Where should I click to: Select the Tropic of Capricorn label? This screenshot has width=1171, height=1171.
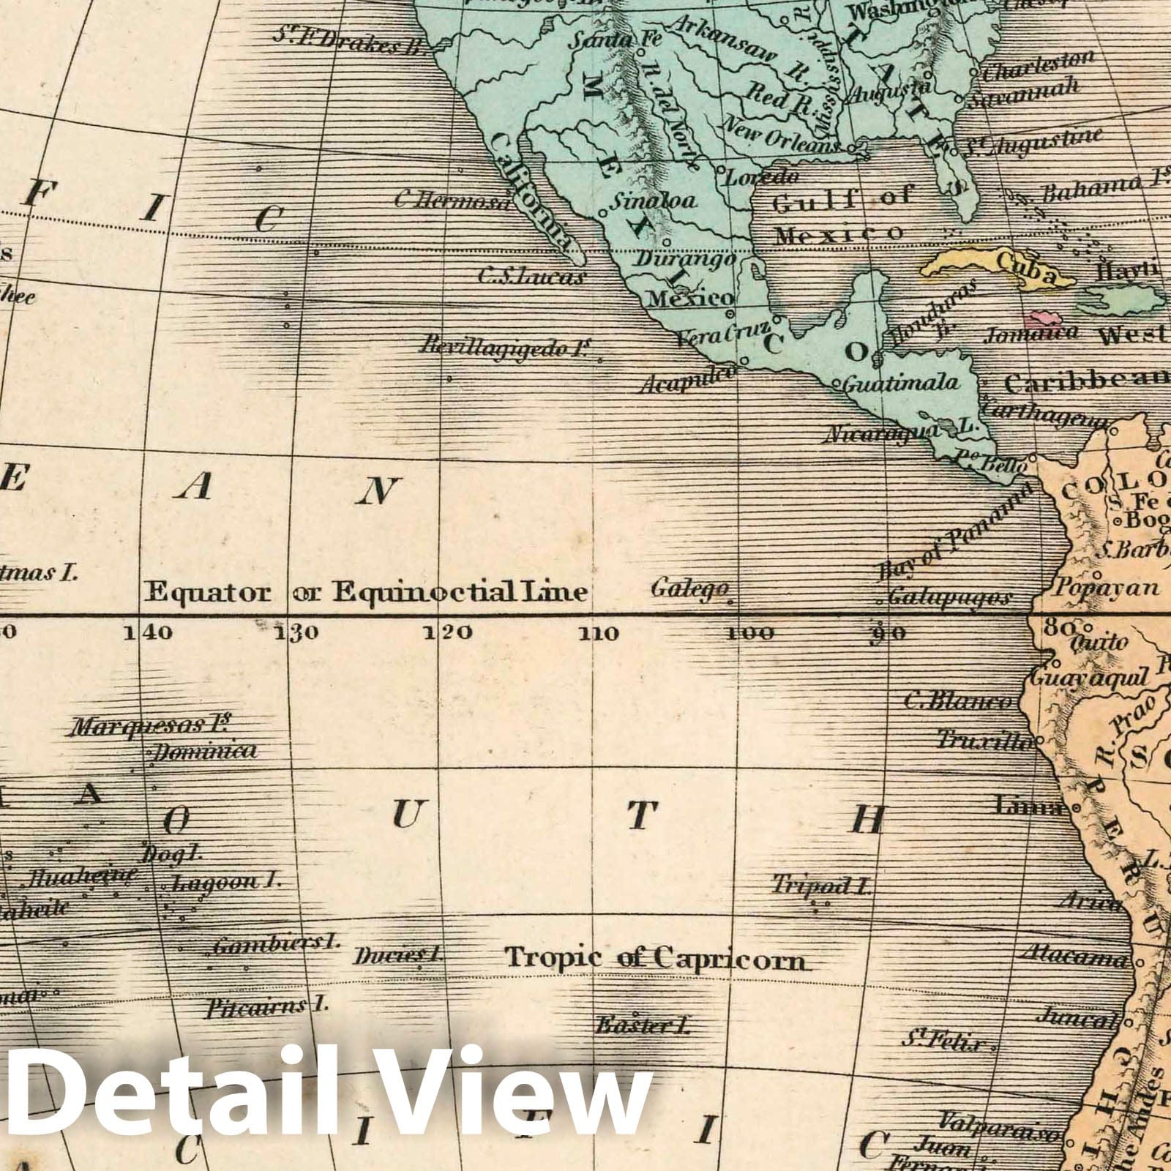tap(656, 958)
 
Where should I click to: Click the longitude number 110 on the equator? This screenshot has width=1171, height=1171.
tap(599, 634)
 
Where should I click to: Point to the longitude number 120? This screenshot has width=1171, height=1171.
tap(447, 632)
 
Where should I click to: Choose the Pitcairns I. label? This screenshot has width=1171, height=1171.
tap(265, 1008)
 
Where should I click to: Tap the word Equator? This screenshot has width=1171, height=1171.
tap(208, 592)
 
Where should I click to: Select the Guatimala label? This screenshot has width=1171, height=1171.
tap(900, 383)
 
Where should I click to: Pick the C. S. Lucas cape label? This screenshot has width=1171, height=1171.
tap(532, 277)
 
